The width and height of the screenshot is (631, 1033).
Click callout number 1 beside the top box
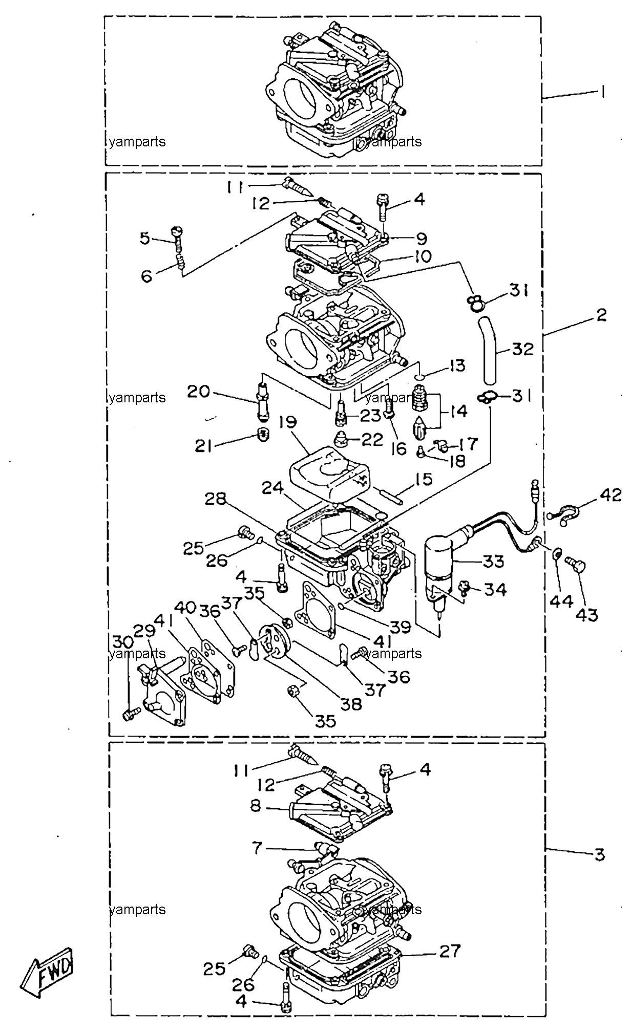tap(603, 92)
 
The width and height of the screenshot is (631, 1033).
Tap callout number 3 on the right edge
tap(599, 854)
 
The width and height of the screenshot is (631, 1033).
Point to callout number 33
tap(493, 561)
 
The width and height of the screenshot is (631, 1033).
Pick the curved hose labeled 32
tap(489, 351)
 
